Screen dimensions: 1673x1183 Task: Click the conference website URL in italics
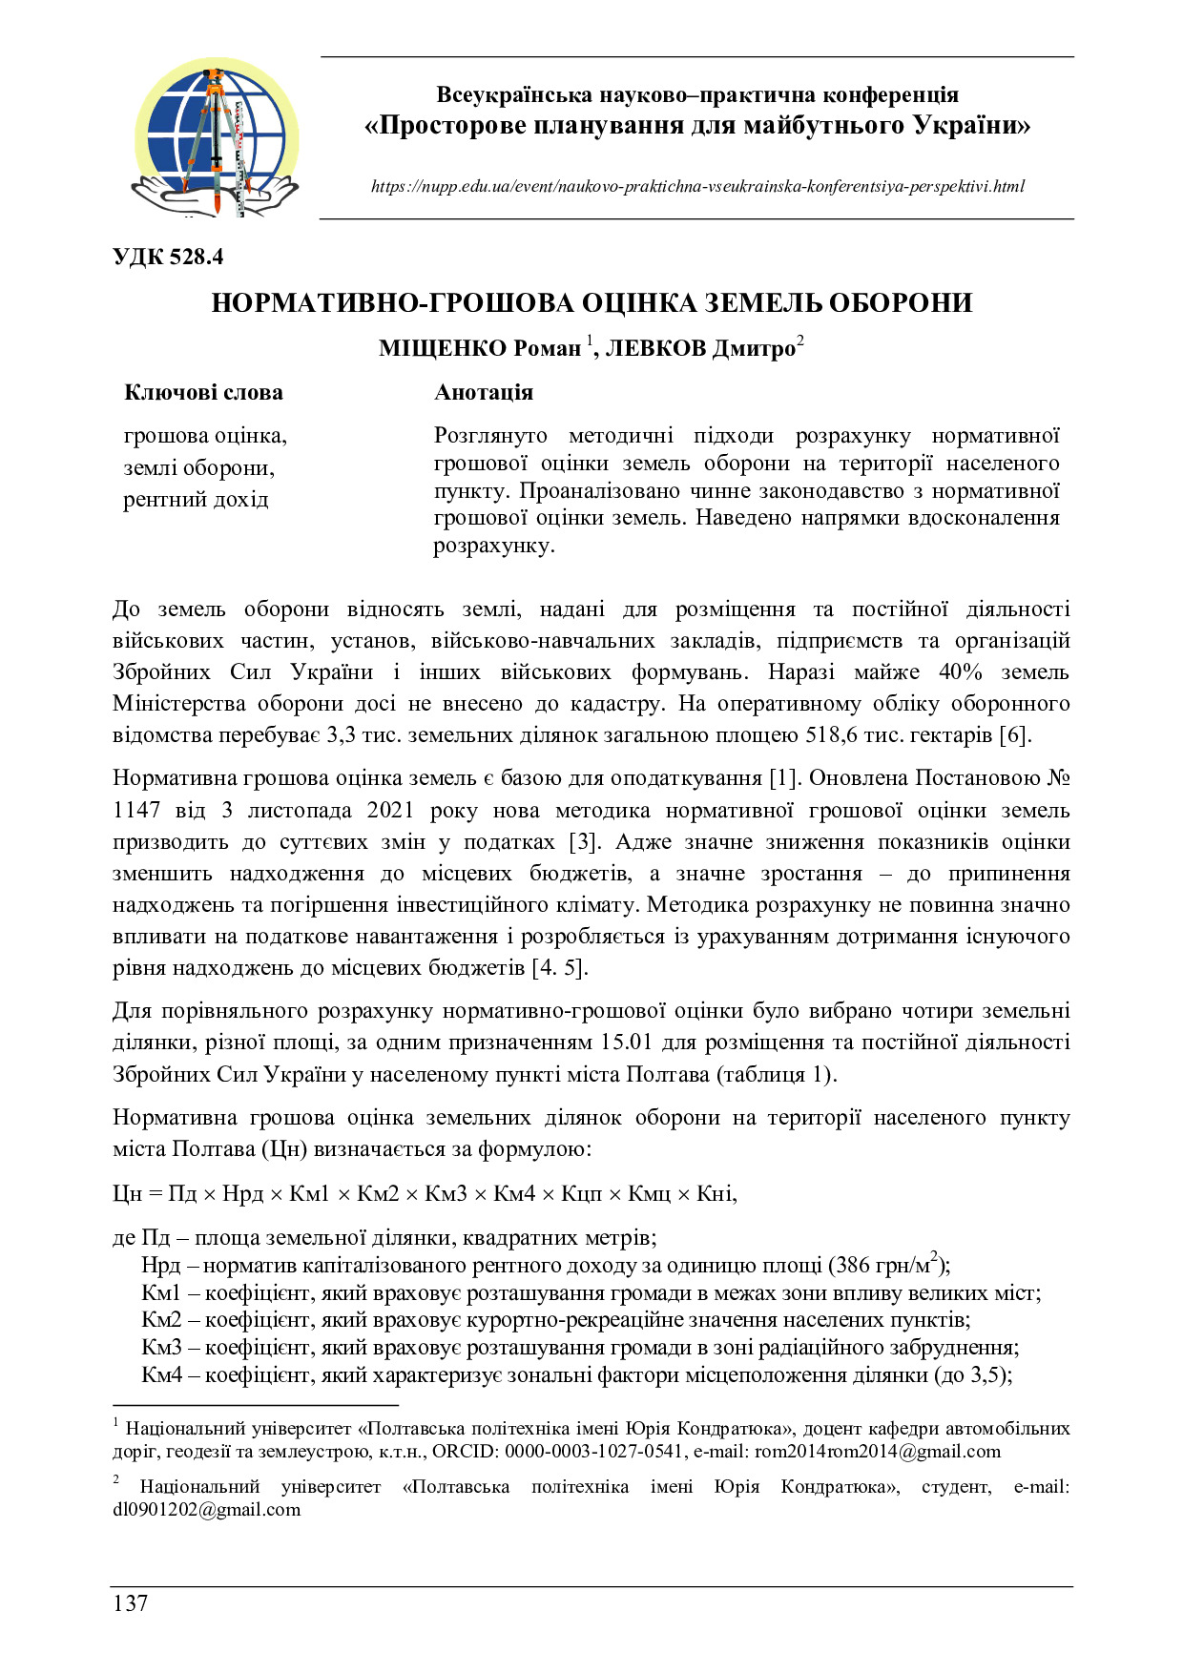(697, 186)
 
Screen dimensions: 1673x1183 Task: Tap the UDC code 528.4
(168, 258)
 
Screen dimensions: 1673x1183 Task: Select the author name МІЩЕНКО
(444, 349)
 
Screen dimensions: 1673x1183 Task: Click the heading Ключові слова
(203, 393)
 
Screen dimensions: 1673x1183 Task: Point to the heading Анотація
(484, 393)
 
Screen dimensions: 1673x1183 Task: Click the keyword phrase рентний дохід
(196, 500)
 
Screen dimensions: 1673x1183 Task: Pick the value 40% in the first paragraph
(960, 672)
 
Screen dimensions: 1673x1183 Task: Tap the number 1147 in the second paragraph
(136, 811)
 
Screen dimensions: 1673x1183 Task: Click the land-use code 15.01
(628, 1043)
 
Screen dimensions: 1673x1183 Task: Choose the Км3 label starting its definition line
(161, 1348)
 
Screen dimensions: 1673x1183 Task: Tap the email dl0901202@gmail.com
(206, 1510)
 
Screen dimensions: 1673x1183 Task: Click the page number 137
(131, 1602)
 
